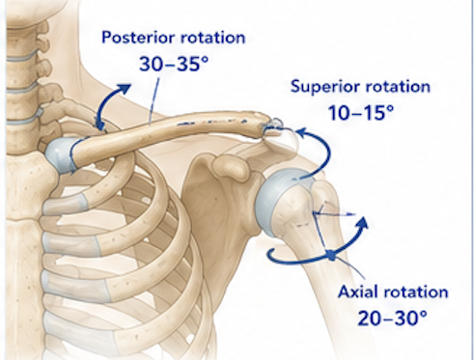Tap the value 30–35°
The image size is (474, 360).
coord(174,64)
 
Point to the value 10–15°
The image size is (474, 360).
coord(361,113)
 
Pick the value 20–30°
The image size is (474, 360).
coord(393,318)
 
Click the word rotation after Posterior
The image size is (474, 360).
coord(212,38)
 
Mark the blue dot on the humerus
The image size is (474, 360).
coord(331,256)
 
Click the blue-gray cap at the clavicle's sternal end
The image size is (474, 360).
coord(61,155)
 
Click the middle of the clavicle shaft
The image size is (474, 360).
coord(171,133)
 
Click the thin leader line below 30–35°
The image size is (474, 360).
coord(153,100)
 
